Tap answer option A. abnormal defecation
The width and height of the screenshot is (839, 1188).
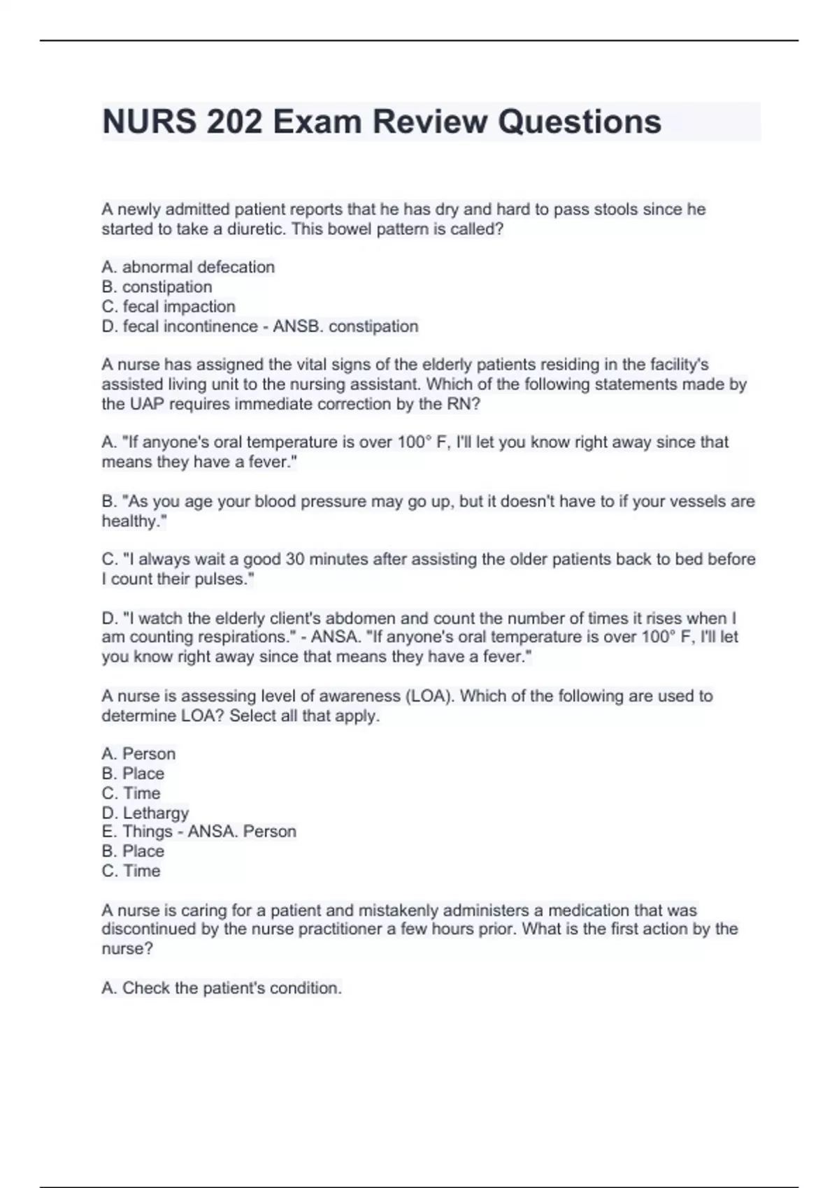click(188, 267)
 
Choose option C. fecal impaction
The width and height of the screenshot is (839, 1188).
click(168, 306)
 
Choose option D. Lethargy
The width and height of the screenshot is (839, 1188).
click(145, 813)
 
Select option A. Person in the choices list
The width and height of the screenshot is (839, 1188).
click(138, 753)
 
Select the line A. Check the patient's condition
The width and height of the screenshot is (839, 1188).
click(222, 988)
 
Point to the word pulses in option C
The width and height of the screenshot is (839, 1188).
click(222, 579)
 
